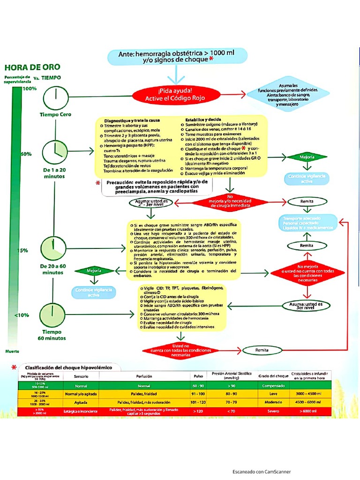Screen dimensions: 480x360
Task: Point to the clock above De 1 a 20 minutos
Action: coord(54,151)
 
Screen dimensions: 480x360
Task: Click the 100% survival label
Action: coord(29,89)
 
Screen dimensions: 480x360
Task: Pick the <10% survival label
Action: coord(22,315)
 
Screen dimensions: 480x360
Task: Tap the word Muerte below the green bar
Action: coord(12,351)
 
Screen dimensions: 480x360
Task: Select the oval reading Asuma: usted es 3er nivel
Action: coord(306,306)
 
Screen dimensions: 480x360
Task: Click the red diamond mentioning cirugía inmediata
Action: coord(230,202)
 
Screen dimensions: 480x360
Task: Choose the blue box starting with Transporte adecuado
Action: coord(309,222)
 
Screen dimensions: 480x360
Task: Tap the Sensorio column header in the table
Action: coord(81,376)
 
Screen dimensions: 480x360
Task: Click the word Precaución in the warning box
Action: coord(122,182)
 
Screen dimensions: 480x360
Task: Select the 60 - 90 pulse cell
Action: coord(199,385)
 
